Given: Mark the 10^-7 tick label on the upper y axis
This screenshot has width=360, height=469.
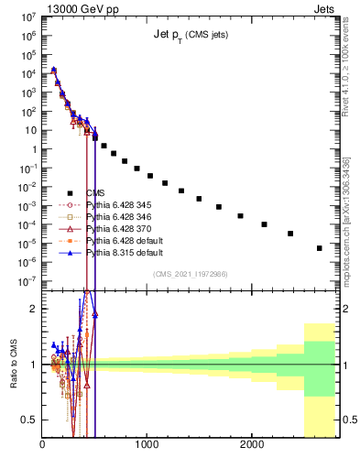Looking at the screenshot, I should tap(27, 281).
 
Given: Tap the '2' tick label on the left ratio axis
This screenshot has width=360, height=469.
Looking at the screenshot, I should tap(34, 309).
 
